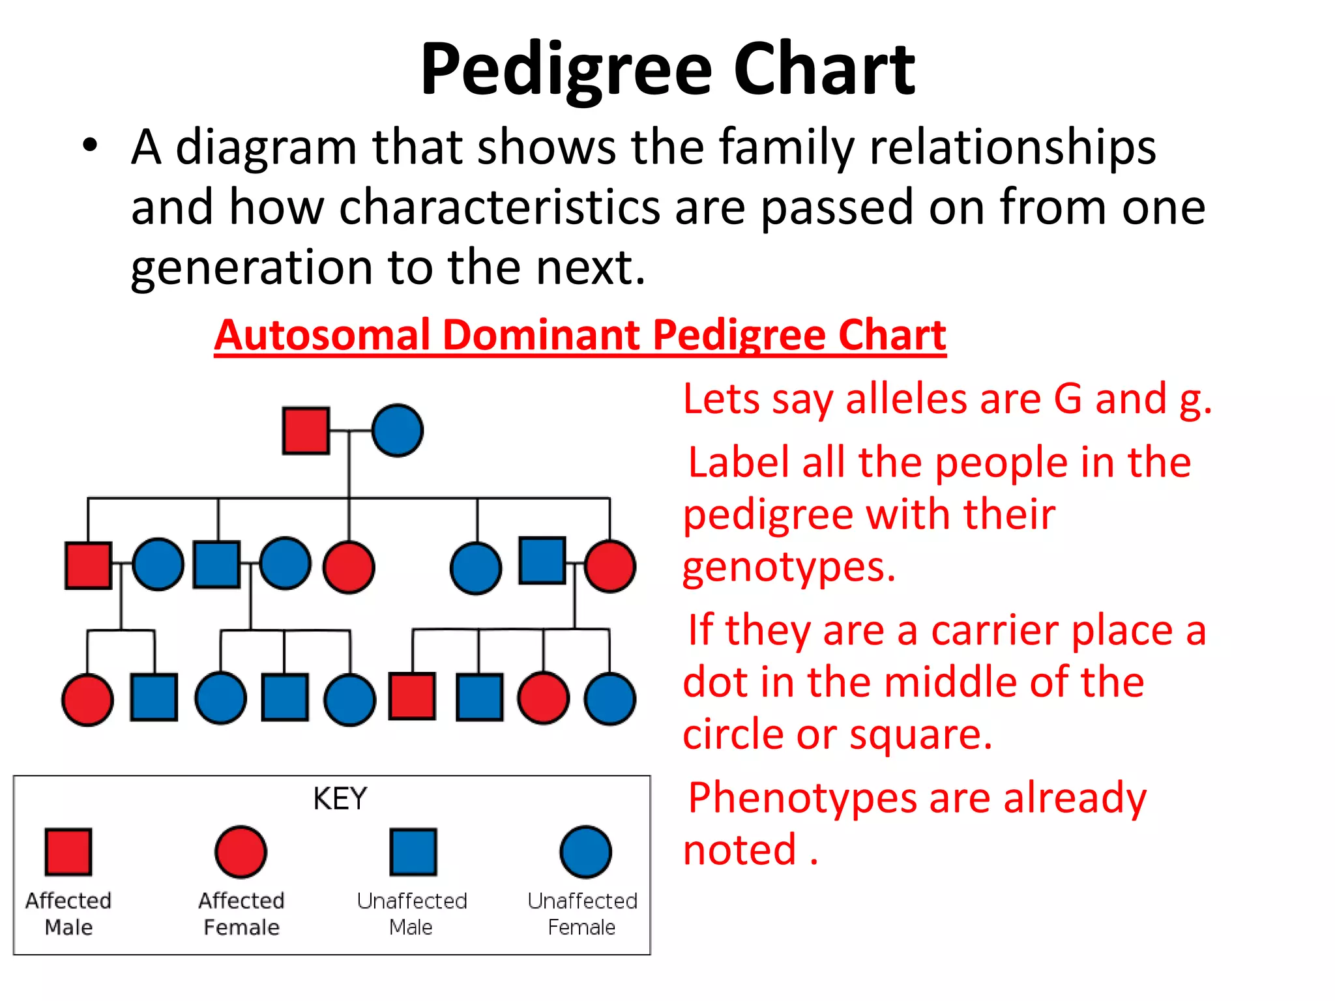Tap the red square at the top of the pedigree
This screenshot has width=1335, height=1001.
point(306,431)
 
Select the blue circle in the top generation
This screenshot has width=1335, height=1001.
point(398,431)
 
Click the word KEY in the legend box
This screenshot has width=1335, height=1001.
point(340,799)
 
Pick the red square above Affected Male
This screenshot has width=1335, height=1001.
point(68,852)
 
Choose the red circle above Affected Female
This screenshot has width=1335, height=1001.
point(241,852)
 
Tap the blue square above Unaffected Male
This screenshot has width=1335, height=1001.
point(413,852)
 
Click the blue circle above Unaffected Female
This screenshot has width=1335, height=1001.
point(585,852)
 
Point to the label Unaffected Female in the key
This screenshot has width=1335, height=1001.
point(582,914)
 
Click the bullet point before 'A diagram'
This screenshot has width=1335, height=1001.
point(90,146)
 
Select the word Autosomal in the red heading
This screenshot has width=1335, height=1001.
point(322,336)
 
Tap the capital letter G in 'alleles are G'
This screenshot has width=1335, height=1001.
point(1068,399)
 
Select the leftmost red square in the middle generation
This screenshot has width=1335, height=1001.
point(89,565)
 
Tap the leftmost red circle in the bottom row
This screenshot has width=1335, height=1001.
point(87,699)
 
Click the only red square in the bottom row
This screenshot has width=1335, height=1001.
point(413,697)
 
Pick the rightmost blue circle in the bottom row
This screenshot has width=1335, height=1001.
point(610,699)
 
